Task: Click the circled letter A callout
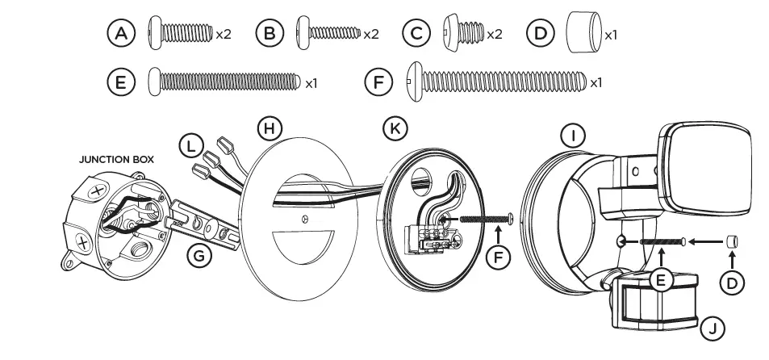click(x=121, y=35)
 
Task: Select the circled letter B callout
click(x=269, y=35)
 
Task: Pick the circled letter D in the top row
click(x=539, y=35)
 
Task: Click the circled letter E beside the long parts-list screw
click(x=121, y=82)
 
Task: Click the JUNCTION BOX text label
click(x=116, y=160)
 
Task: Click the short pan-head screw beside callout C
click(x=463, y=35)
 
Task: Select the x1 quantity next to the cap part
click(x=611, y=36)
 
